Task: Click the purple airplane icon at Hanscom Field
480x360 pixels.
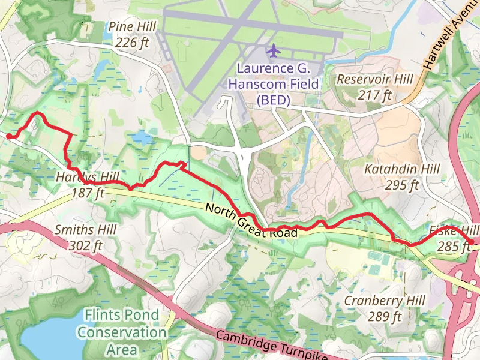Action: click(x=274, y=50)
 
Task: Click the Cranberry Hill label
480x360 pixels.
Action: click(x=384, y=300)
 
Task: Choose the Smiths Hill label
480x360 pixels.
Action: click(x=85, y=230)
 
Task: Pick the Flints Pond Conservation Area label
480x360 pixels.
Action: click(x=122, y=332)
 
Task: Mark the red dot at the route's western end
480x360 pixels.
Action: click(x=10, y=136)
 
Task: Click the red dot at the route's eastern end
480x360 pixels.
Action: click(x=471, y=242)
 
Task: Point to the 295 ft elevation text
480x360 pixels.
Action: click(x=401, y=185)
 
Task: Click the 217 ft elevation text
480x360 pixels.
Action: click(x=374, y=95)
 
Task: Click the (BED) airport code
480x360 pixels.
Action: click(x=273, y=100)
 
